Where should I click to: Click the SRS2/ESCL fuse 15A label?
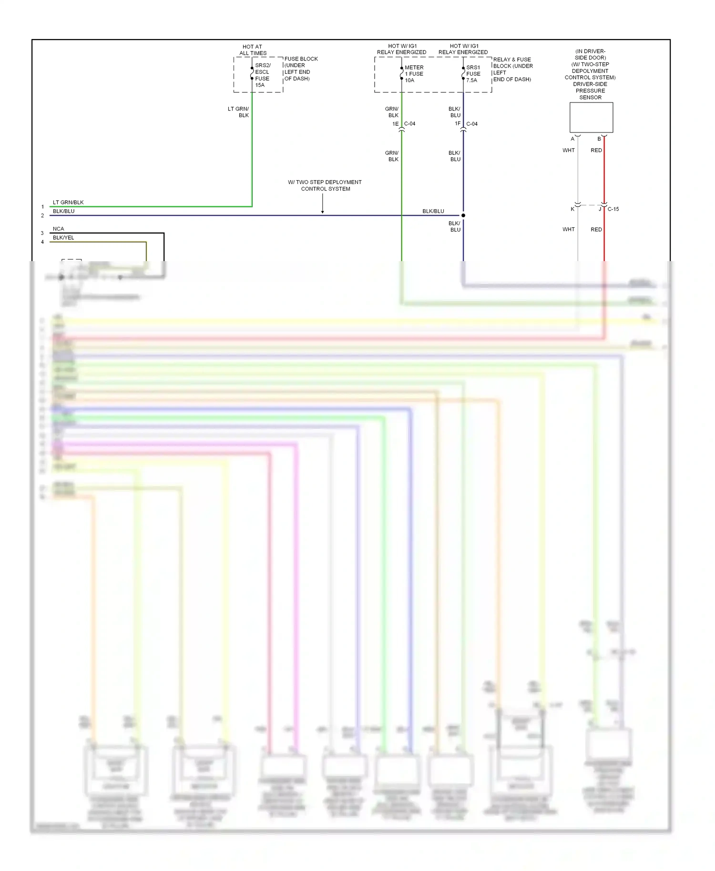click(x=262, y=75)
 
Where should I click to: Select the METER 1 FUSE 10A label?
click(x=414, y=74)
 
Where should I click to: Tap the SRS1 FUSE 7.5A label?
click(x=473, y=74)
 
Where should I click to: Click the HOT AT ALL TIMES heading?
click(x=253, y=50)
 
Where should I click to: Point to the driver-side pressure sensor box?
click(x=591, y=117)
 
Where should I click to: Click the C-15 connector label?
click(x=613, y=209)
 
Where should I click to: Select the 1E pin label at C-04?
click(x=395, y=124)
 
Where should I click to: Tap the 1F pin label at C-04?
click(x=458, y=124)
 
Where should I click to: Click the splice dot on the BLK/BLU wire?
click(x=463, y=215)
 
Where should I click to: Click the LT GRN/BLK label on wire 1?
click(x=68, y=203)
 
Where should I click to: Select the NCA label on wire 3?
click(x=58, y=229)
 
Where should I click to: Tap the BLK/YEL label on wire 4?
click(x=63, y=238)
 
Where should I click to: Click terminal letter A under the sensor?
click(x=572, y=139)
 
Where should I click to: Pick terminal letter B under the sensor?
click(x=599, y=139)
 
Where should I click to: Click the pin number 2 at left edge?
click(x=42, y=216)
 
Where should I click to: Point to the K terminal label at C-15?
click(x=572, y=209)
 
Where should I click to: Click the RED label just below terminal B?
click(x=596, y=151)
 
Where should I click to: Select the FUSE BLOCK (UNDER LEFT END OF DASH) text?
click(x=301, y=69)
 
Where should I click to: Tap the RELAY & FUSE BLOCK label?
click(x=512, y=70)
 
